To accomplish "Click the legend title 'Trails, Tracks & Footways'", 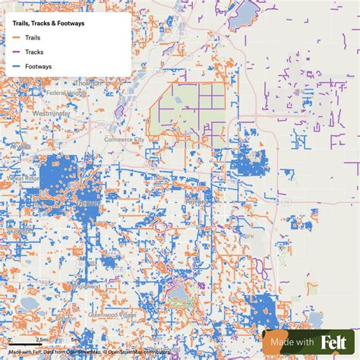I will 49,24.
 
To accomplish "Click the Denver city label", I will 89,204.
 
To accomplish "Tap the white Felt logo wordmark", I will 334,342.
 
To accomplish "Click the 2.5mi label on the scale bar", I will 42,339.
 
